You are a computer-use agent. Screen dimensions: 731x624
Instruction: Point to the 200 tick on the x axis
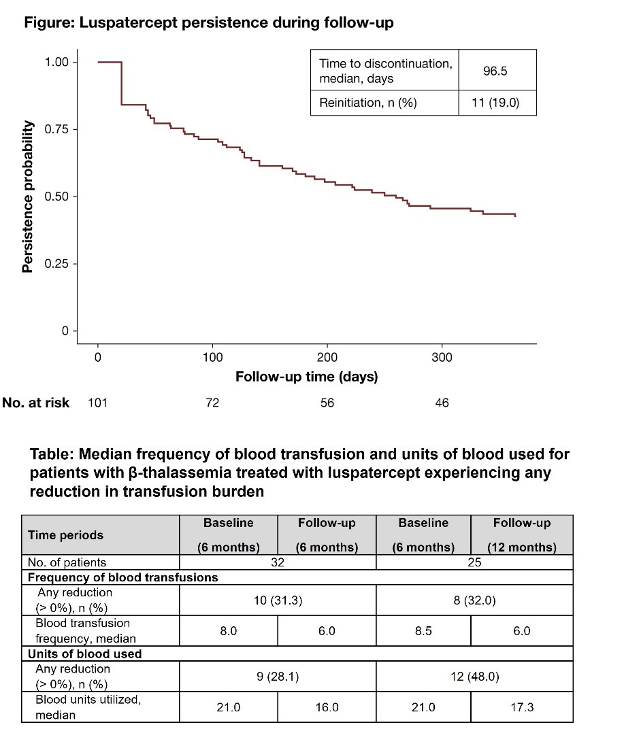[327, 357]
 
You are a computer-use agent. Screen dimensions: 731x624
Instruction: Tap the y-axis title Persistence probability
[28, 197]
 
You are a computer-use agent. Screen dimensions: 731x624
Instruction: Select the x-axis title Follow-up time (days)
[306, 376]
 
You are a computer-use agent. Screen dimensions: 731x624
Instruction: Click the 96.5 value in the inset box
[495, 71]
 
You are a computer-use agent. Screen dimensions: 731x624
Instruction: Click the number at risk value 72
[212, 403]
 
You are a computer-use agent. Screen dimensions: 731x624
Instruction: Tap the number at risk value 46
[442, 403]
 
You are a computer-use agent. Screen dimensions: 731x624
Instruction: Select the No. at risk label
[35, 403]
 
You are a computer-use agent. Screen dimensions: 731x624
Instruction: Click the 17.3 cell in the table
[521, 707]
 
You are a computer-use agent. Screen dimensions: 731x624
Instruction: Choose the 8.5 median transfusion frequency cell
[423, 630]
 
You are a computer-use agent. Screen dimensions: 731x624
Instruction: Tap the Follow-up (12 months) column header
[521, 535]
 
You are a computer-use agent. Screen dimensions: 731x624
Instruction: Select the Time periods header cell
[65, 535]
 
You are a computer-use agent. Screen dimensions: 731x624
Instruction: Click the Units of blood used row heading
[84, 653]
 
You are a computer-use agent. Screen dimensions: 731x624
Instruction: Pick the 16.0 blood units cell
[327, 707]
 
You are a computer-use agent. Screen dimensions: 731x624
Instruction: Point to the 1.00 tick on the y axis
[58, 62]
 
